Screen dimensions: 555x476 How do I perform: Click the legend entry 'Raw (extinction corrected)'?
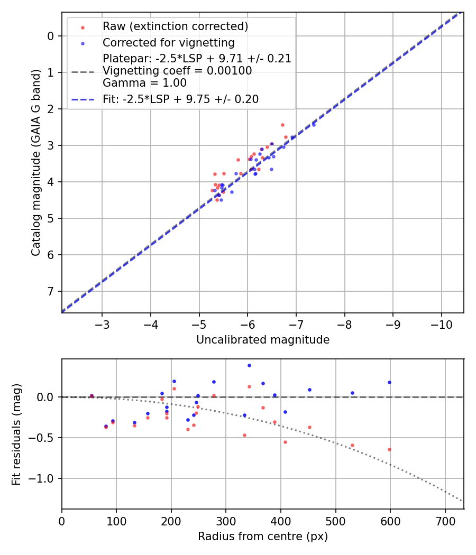[x=175, y=26]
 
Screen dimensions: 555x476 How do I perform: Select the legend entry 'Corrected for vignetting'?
[x=168, y=42]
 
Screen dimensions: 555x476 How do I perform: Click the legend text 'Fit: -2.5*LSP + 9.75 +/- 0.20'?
[x=180, y=99]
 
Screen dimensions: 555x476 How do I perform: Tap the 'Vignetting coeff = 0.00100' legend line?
[x=177, y=70]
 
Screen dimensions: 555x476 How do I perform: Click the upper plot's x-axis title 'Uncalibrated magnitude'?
[x=263, y=340]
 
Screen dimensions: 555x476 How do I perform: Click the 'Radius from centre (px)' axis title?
[x=263, y=536]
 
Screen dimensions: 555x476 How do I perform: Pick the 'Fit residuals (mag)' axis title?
[x=16, y=434]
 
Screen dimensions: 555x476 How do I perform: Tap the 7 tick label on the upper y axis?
[x=51, y=292]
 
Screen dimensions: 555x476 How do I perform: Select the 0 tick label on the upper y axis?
[x=51, y=36]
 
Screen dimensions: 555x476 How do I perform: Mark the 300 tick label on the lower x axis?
[x=226, y=520]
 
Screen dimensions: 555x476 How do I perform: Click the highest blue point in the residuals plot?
[x=249, y=365]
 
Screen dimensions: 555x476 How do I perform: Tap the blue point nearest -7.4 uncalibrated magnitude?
[x=314, y=125]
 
